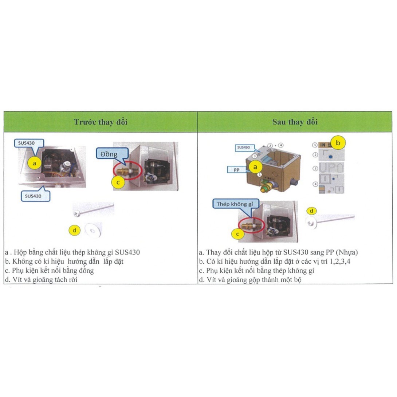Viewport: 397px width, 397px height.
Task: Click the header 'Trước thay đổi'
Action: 101,122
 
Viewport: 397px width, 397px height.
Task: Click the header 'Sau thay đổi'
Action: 295,122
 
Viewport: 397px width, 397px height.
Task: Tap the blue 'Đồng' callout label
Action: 109,154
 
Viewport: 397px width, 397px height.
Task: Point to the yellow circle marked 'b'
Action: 338,143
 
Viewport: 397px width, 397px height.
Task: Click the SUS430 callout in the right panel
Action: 243,148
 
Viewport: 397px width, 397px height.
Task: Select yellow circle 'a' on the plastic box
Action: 255,167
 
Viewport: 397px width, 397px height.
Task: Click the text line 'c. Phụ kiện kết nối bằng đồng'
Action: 50,271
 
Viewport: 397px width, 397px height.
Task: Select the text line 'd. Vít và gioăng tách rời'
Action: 42,280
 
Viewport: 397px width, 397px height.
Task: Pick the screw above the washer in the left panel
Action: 94,209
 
